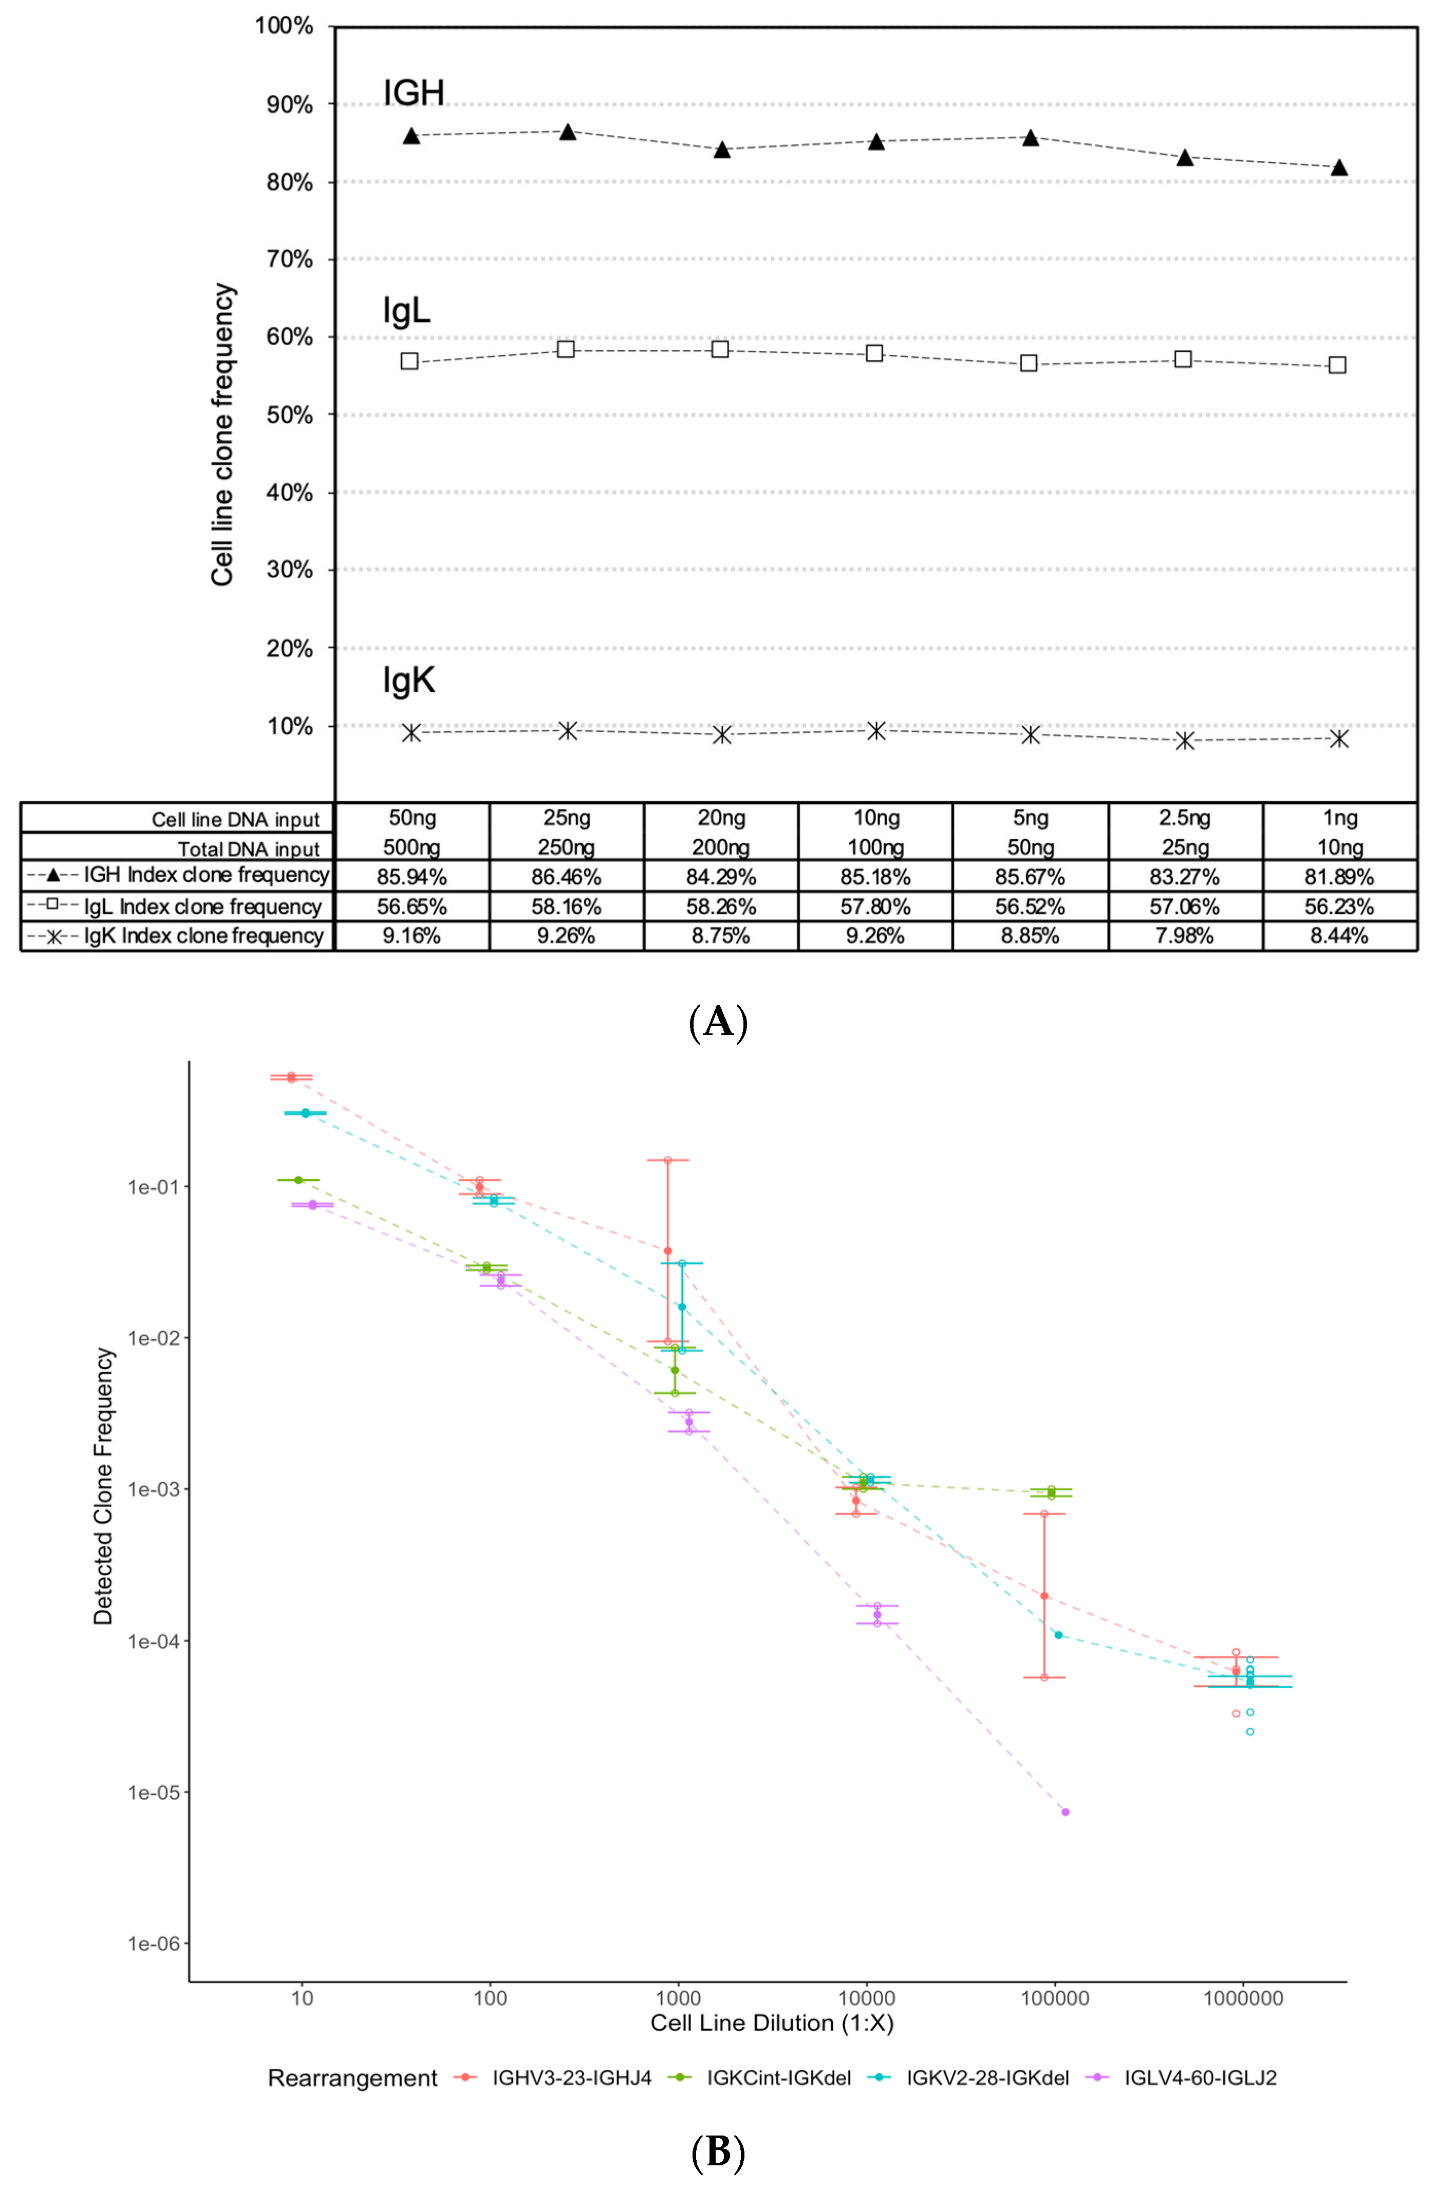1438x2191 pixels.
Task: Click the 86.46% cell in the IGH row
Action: pyautogui.click(x=566, y=876)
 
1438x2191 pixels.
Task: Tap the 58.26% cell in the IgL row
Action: pyautogui.click(x=721, y=907)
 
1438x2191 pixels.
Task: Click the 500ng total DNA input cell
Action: pyautogui.click(x=412, y=847)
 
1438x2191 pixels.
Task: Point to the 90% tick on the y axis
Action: pyautogui.click(x=290, y=105)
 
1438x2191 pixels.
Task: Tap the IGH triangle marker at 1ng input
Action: pyautogui.click(x=1339, y=167)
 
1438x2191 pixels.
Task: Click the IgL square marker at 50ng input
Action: pyautogui.click(x=409, y=362)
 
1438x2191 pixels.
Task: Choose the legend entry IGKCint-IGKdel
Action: pyautogui.click(x=778, y=2078)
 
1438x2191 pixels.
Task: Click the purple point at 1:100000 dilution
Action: pyautogui.click(x=1065, y=1812)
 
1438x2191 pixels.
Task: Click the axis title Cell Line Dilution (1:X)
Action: pyautogui.click(x=772, y=2024)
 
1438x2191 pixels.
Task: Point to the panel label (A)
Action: pyautogui.click(x=718, y=1022)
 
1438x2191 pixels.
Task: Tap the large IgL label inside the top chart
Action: pyautogui.click(x=406, y=311)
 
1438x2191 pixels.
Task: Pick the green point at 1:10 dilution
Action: pyautogui.click(x=298, y=1179)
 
